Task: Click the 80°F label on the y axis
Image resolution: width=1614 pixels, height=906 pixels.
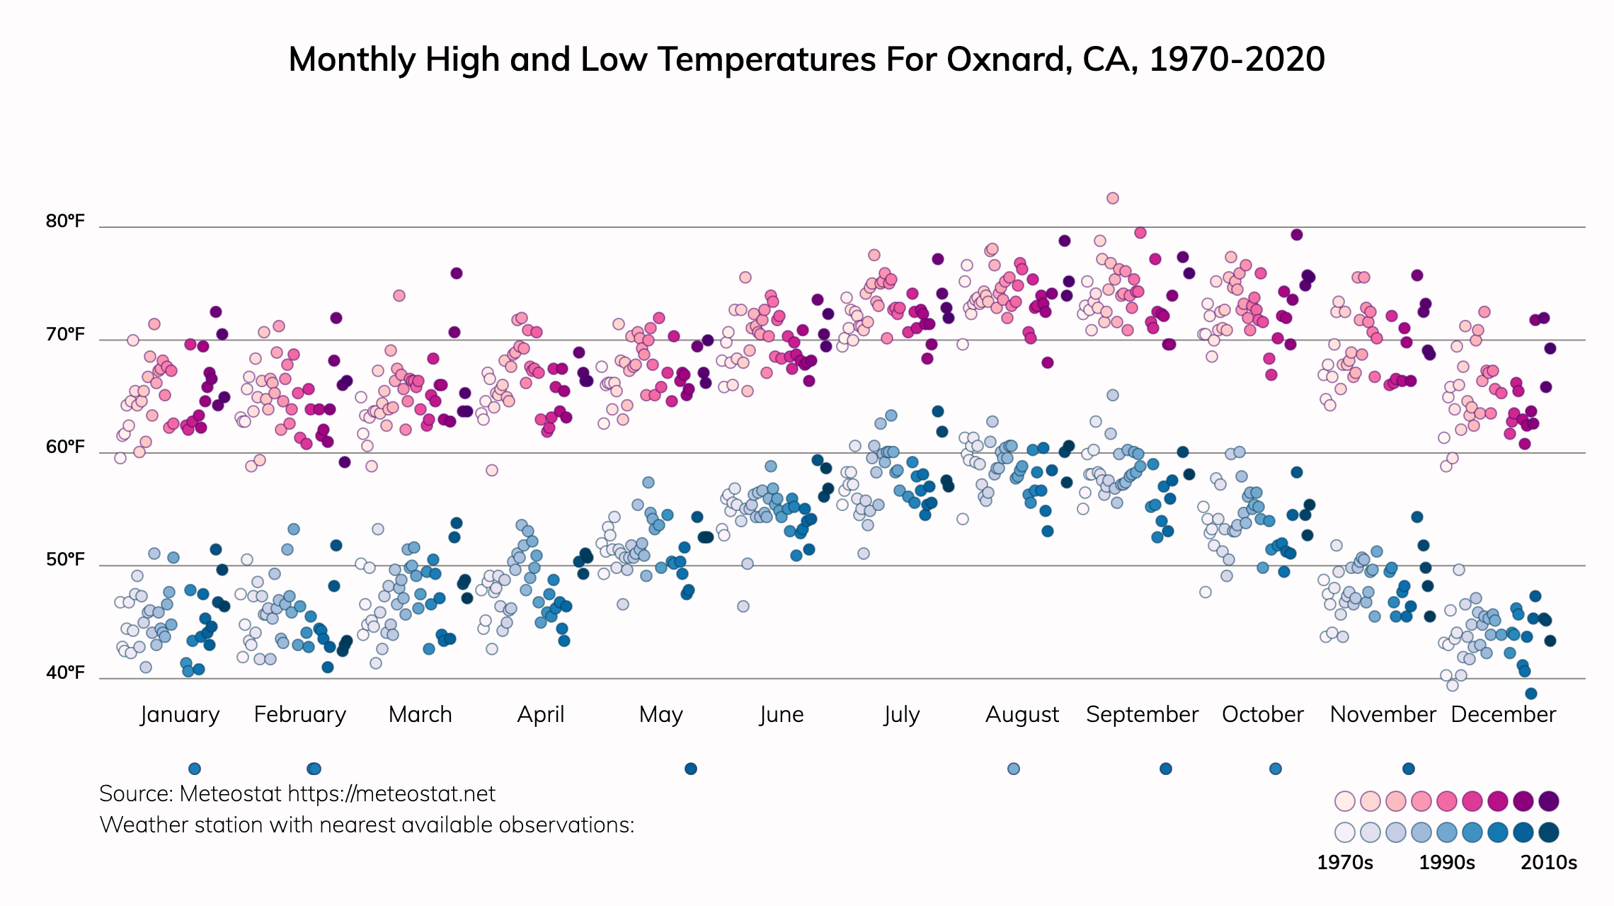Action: pos(65,222)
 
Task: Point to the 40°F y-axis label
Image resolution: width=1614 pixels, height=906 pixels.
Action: pos(65,672)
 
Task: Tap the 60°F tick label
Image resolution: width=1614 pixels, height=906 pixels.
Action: pos(65,447)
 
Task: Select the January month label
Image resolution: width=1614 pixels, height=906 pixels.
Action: pos(180,714)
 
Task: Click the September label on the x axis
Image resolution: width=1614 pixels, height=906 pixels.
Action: pos(1142,714)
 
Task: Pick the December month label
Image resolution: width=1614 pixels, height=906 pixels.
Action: pos(1503,714)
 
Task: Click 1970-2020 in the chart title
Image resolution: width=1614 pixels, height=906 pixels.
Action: pos(1237,59)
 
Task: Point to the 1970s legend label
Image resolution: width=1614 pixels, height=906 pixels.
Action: pos(1344,863)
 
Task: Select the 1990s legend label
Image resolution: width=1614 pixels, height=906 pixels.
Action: pos(1447,863)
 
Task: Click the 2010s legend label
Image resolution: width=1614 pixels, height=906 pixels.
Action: pos(1549,863)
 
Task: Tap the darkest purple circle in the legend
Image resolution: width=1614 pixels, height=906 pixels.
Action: pos(1549,801)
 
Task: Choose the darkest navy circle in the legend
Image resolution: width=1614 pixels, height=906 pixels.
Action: pos(1549,832)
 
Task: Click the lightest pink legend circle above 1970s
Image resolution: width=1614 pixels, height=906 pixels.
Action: pos(1344,801)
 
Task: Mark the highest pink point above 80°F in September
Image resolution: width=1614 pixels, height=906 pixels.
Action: pos(1113,198)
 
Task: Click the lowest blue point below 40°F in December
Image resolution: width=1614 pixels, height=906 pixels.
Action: pos(1531,694)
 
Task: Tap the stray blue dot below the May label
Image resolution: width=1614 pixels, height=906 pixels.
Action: pos(691,769)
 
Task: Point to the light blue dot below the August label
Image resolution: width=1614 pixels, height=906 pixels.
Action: pos(1014,769)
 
